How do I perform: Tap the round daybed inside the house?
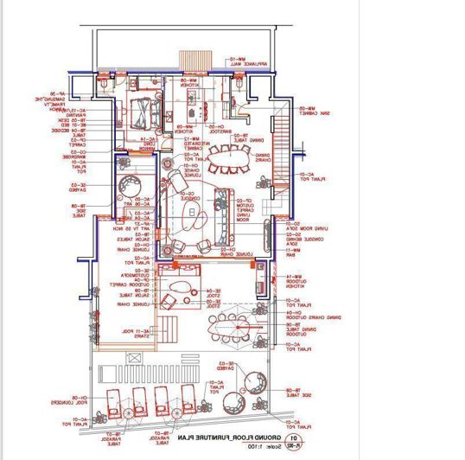[132, 186]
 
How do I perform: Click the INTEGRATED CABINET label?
[191, 144]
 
